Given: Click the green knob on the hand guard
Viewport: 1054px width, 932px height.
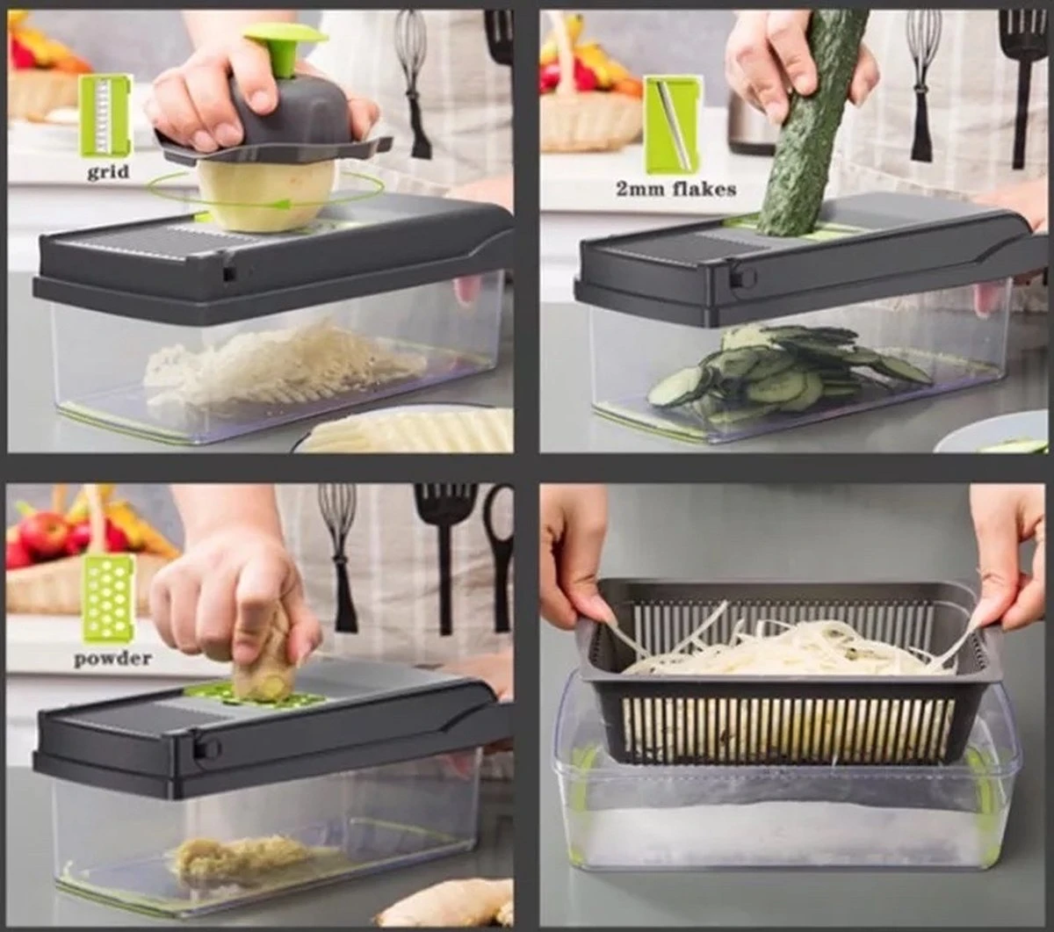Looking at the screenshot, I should coord(284,46).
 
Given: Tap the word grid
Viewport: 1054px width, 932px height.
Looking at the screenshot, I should coord(107,171).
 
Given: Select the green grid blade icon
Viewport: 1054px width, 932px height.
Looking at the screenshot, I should coord(106,115).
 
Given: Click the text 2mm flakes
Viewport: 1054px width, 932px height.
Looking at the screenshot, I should coord(675,188).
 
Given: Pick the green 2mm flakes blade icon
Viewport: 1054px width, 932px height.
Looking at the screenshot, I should coord(673,124).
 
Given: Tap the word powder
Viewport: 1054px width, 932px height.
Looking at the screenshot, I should coord(112,658).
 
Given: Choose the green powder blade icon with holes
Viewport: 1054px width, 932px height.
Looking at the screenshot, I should coord(108,598).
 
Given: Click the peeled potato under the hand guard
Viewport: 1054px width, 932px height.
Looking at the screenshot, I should coord(265,195).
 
